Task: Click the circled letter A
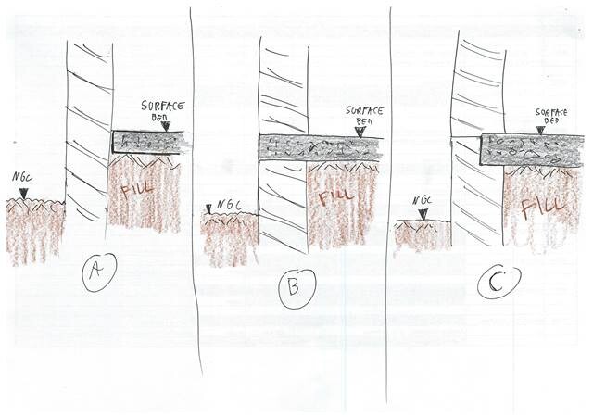97,272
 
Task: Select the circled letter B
296,288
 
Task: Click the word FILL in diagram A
137,190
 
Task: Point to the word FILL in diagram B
335,196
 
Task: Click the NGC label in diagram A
23,176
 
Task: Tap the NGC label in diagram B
229,205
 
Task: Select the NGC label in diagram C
423,200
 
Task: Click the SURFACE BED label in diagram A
162,110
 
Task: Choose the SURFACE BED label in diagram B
364,116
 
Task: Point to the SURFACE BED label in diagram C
551,116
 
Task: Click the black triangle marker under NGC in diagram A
24,193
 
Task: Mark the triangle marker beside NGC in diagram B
208,208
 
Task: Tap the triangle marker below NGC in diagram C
424,214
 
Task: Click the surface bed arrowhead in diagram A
165,126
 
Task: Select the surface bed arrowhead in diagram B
360,132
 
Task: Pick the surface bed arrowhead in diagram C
541,130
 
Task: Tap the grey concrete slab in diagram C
530,150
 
